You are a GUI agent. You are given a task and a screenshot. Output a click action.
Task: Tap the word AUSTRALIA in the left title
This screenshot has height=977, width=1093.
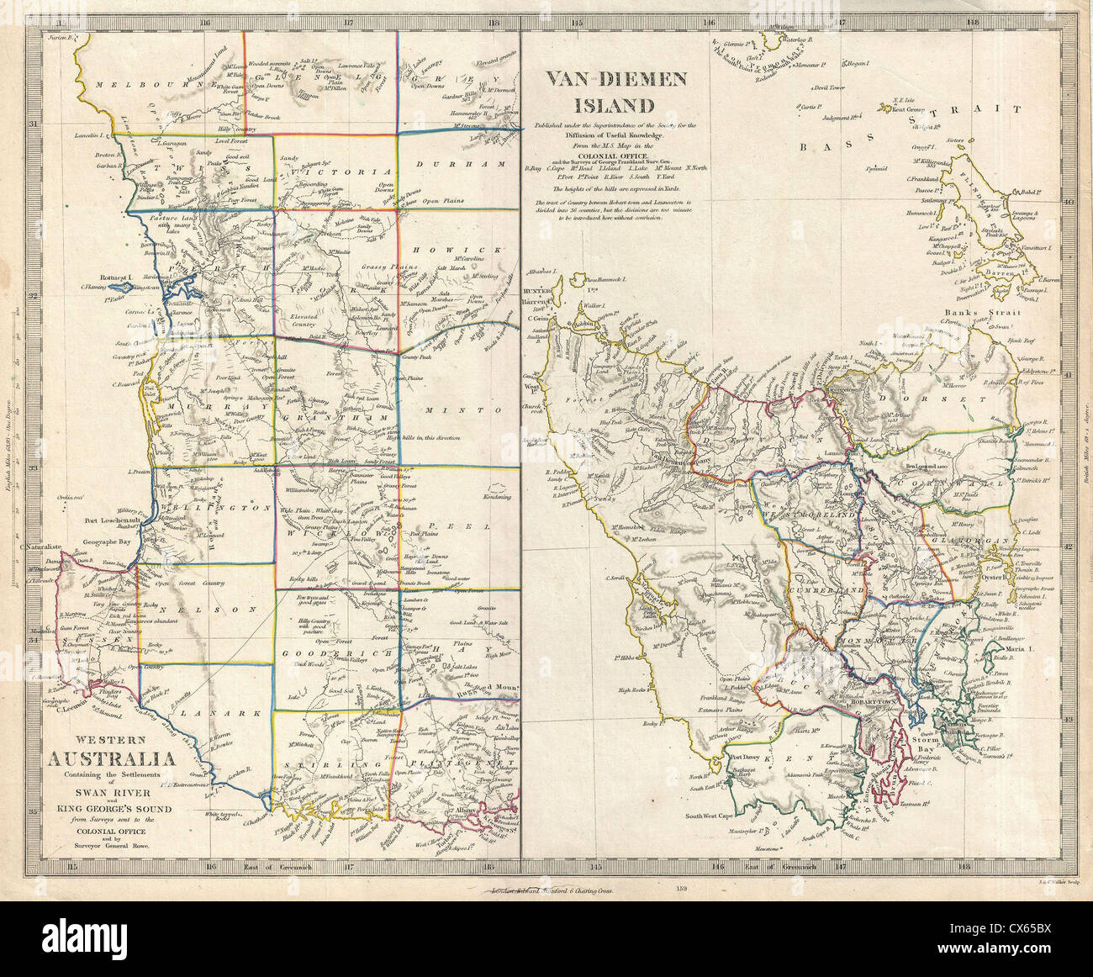[x=110, y=762]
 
